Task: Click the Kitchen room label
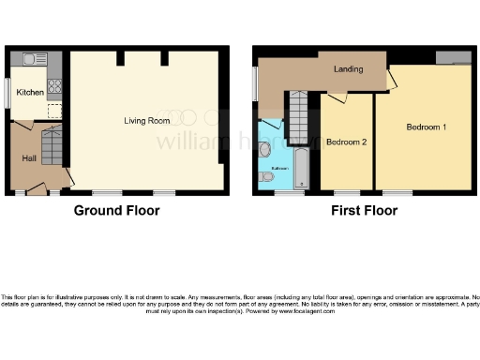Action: coord(29,93)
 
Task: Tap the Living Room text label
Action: coord(146,120)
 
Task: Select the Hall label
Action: coord(29,157)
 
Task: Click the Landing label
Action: coord(349,69)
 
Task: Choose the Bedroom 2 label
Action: coord(346,142)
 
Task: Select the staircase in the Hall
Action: coord(52,148)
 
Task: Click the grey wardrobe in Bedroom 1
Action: coord(453,58)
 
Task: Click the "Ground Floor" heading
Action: coord(116,211)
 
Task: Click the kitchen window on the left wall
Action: coord(7,92)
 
